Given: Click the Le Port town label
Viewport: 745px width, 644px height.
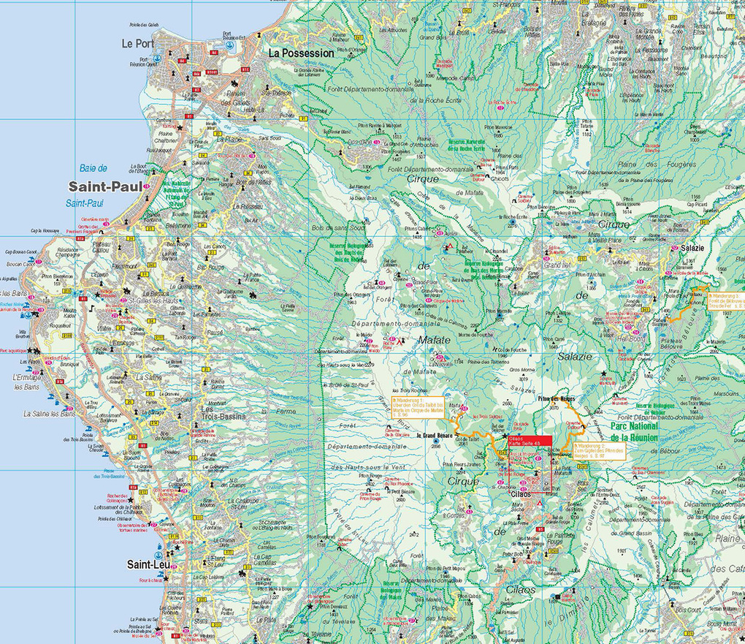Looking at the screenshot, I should coord(137,44).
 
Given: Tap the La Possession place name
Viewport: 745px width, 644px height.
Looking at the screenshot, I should coord(301,53).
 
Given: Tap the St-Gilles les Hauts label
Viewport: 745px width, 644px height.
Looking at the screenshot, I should coord(152,300).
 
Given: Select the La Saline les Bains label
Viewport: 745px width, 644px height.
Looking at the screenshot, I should coord(49,414).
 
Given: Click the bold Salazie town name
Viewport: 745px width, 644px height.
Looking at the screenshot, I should coord(692,249).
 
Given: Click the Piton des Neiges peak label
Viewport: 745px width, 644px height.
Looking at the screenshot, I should coord(557,398).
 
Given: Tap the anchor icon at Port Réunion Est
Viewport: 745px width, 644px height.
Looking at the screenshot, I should coord(230,45).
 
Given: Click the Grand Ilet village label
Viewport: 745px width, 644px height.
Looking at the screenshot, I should coord(556,265).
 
